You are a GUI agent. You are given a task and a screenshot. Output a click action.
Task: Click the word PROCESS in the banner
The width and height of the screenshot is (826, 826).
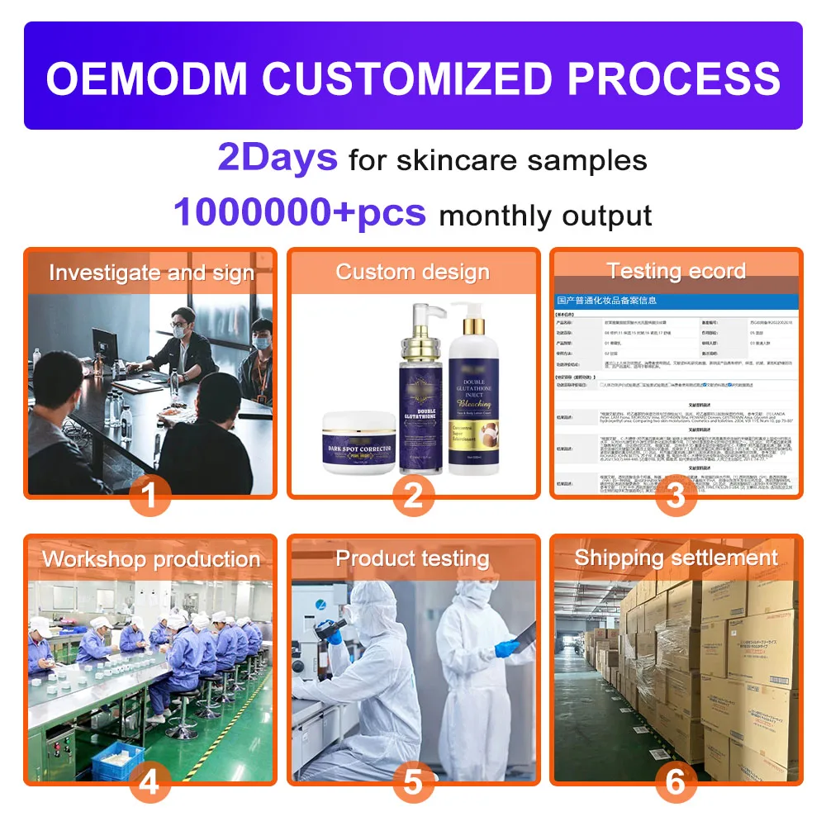(673, 78)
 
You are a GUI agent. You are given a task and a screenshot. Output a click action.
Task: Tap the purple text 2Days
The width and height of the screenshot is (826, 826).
(278, 158)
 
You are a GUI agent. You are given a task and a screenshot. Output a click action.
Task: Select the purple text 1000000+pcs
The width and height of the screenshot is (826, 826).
(300, 214)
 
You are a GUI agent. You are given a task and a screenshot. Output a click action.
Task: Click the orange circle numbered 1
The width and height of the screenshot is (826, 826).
(150, 496)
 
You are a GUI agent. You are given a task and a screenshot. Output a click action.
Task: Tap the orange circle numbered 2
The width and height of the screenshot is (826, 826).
(413, 496)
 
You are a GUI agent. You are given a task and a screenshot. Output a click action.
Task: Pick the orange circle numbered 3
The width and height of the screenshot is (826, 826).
(676, 496)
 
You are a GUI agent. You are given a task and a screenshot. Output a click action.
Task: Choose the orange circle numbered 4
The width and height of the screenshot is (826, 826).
(150, 782)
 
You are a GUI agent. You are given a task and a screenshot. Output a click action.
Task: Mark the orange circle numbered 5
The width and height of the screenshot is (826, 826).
(413, 782)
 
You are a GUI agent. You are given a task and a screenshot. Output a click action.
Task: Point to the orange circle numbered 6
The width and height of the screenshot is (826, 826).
(676, 782)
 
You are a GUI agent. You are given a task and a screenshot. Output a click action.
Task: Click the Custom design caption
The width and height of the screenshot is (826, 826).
(413, 272)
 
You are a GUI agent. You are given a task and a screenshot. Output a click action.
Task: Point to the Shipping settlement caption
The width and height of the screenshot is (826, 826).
(676, 558)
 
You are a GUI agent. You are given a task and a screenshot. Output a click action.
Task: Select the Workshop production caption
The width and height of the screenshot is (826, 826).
(151, 559)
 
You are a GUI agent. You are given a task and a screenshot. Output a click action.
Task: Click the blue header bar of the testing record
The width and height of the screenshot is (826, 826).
(676, 301)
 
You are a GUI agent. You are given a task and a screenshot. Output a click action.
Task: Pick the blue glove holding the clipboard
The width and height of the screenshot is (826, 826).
(505, 649)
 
